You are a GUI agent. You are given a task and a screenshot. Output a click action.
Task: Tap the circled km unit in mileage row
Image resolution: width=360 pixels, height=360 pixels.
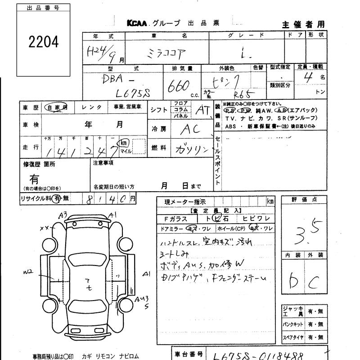pos(123,143)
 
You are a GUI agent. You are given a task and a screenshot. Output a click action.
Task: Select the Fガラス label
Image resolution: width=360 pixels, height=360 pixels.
pos(172,219)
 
